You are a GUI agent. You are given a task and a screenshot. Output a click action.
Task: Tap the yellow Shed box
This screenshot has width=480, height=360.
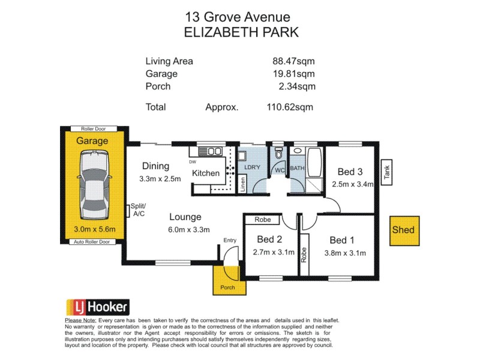pyautogui.click(x=403, y=230)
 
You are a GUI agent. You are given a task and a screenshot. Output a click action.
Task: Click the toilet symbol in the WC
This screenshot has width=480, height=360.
pyautogui.click(x=277, y=155)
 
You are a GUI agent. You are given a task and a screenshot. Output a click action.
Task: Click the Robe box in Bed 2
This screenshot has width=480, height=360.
pyautogui.click(x=262, y=220)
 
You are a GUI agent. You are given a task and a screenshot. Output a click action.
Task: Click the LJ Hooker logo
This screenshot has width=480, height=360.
pyautogui.click(x=97, y=307)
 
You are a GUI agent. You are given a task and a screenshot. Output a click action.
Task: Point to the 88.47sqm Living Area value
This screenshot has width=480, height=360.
pyautogui.click(x=293, y=61)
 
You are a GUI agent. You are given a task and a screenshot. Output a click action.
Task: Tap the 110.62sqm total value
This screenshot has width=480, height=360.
pyautogui.click(x=290, y=107)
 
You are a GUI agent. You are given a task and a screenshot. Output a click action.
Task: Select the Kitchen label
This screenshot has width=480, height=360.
pyautogui.click(x=206, y=173)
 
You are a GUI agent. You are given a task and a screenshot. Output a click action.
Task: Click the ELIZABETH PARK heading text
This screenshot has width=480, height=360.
pyautogui.click(x=240, y=32)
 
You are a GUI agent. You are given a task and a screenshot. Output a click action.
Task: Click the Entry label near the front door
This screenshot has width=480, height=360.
pyautogui.click(x=230, y=241)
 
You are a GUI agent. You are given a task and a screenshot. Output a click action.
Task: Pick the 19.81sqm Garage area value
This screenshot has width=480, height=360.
pyautogui.click(x=293, y=74)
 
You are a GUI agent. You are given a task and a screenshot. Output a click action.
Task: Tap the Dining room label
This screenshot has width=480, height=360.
pyautogui.click(x=156, y=166)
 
